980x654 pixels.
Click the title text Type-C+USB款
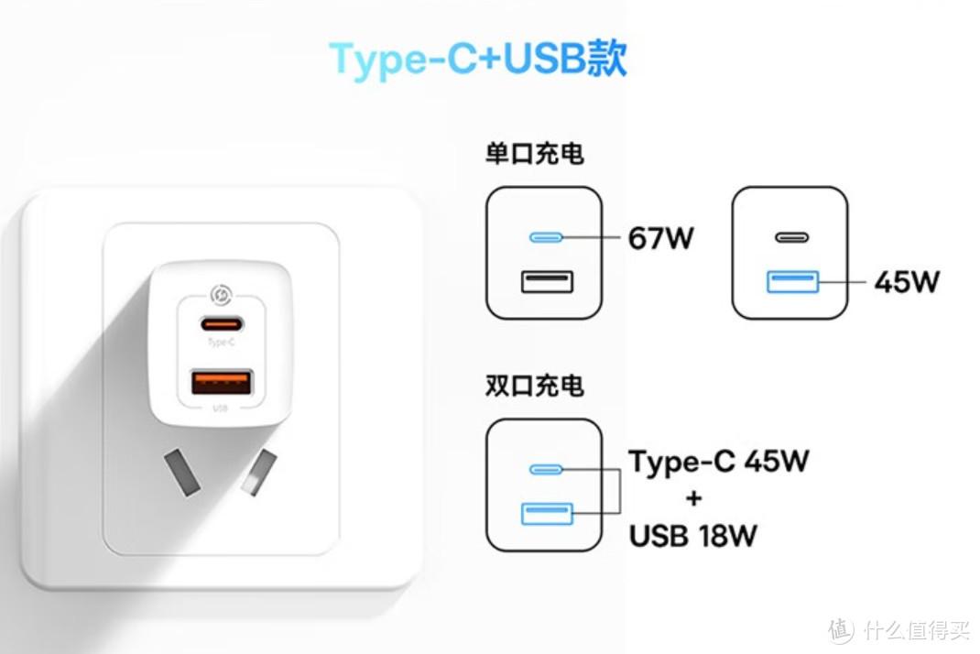click(477, 59)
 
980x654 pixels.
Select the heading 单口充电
click(534, 154)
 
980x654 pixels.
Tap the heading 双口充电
click(534, 386)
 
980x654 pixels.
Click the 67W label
click(660, 239)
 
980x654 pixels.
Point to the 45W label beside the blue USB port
click(906, 281)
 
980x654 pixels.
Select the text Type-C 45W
click(718, 461)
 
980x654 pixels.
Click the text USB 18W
click(693, 535)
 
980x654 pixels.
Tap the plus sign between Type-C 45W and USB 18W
click(693, 498)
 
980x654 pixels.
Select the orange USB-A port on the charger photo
click(220, 382)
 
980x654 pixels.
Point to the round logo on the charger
click(220, 294)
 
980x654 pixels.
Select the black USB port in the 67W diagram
click(546, 281)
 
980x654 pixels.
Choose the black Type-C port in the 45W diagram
click(791, 238)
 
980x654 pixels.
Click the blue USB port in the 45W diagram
click(791, 281)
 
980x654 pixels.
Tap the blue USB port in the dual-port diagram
click(546, 513)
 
